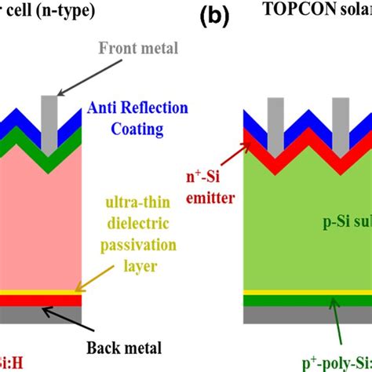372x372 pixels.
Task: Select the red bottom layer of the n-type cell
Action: coord(47,301)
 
